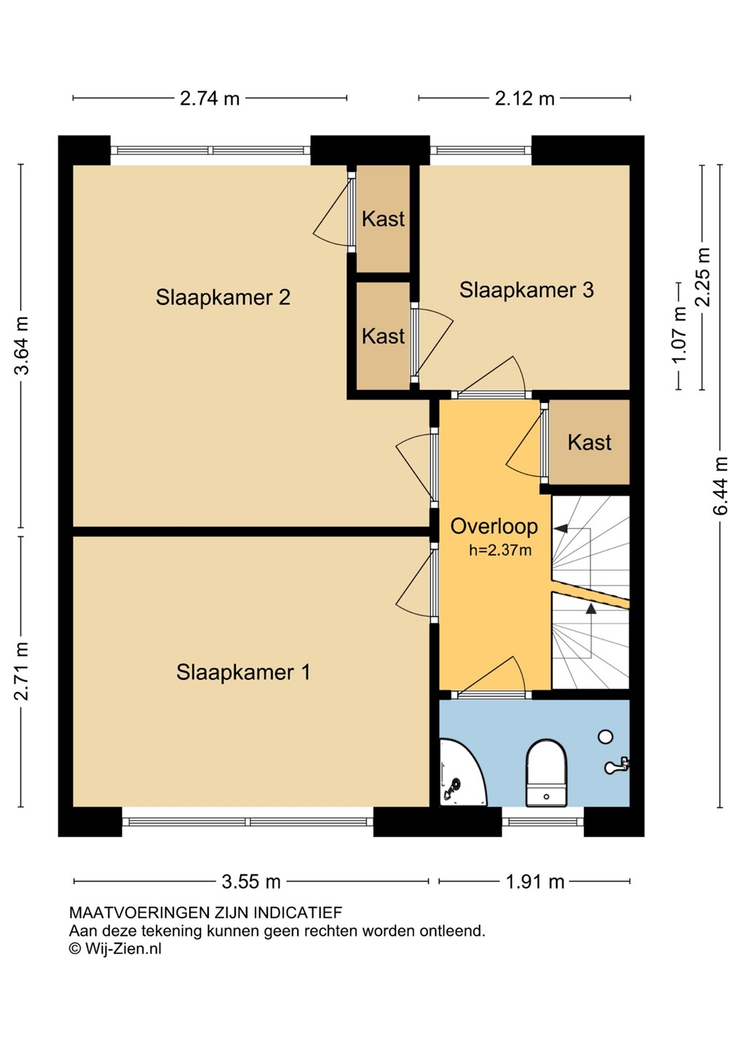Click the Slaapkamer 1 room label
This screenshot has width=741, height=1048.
coord(243,672)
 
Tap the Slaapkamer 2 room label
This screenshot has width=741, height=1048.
coord(223,297)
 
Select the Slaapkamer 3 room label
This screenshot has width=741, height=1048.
coord(526,290)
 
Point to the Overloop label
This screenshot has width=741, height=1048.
coord(494,526)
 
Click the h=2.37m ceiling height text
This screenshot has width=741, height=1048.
coord(500,550)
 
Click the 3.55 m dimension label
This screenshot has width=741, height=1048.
coord(250,882)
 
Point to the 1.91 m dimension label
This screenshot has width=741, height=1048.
coord(535,882)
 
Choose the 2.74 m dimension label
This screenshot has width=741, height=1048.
coord(210,98)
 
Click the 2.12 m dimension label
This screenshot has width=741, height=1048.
coord(524,98)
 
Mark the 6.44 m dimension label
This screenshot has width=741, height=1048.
coord(721,485)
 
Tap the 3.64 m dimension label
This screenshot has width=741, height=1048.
coord(22,346)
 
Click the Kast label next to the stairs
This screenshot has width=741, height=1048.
coord(590,442)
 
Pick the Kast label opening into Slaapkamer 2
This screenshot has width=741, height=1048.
coord(383,219)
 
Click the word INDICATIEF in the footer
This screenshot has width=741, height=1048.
coord(298,913)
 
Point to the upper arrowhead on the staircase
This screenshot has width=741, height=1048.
coord(560,528)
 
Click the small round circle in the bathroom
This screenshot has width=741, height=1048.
coord(606,737)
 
